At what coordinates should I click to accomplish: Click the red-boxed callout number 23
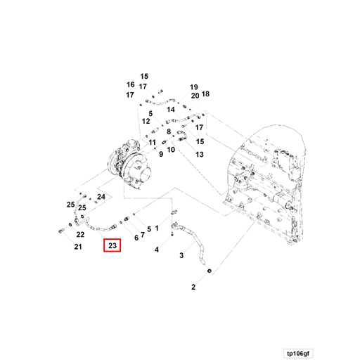pyautogui.click(x=112, y=246)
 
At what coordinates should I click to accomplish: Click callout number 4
pyautogui.click(x=157, y=250)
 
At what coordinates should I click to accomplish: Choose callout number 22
pyautogui.click(x=80, y=234)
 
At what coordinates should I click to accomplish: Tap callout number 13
pyautogui.click(x=200, y=154)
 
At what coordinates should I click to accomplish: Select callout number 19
pyautogui.click(x=194, y=86)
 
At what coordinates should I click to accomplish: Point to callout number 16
pyautogui.click(x=130, y=84)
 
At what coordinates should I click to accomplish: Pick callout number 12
pyautogui.click(x=146, y=122)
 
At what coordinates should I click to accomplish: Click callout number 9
pyautogui.click(x=161, y=154)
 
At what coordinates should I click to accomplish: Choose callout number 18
pyautogui.click(x=206, y=94)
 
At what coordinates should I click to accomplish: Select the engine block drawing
pyautogui.click(x=271, y=190)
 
